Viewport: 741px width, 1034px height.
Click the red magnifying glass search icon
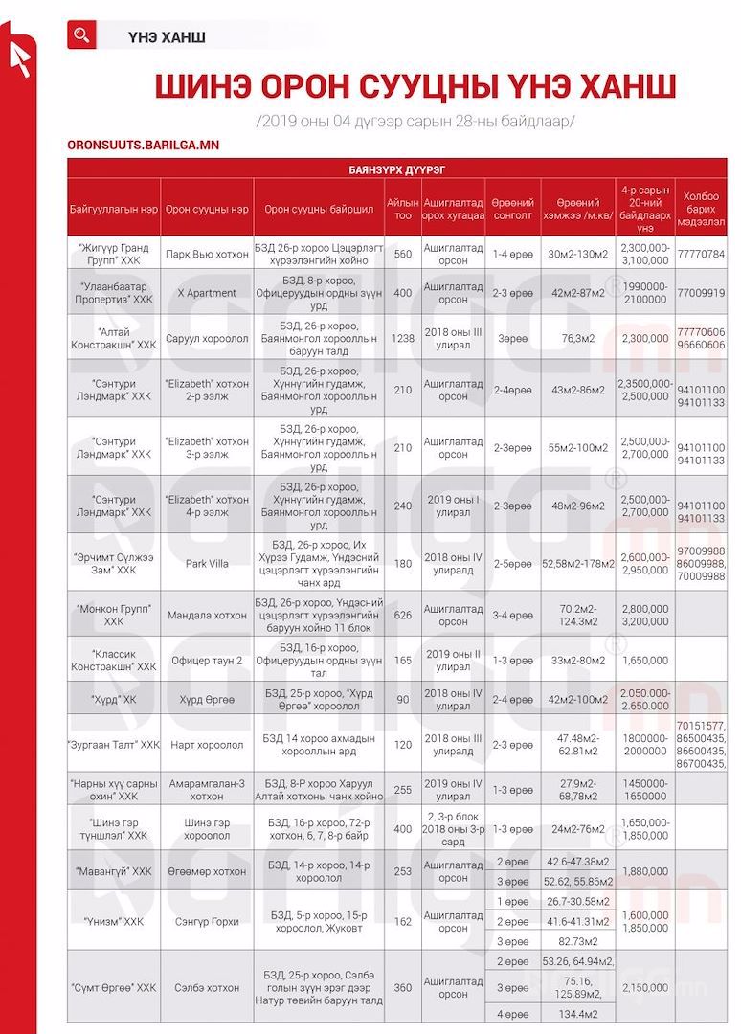click(x=81, y=35)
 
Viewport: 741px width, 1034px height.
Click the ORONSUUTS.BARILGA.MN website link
click(x=144, y=145)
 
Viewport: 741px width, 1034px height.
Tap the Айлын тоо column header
click(x=402, y=209)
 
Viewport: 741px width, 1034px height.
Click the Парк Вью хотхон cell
click(x=206, y=254)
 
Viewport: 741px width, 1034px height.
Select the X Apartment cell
click(x=206, y=293)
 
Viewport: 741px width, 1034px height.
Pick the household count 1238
click(x=402, y=338)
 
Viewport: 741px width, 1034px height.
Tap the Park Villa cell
click(x=206, y=564)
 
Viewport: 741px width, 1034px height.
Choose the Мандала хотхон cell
click(x=206, y=616)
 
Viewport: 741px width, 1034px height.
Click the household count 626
click(x=402, y=616)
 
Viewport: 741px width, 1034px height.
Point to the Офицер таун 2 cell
click(x=206, y=661)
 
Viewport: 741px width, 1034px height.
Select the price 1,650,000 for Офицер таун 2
click(x=644, y=661)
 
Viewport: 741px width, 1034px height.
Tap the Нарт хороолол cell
click(x=206, y=745)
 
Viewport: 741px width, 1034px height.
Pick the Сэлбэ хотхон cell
click(x=206, y=987)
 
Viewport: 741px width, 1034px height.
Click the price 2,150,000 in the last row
click(x=644, y=987)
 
